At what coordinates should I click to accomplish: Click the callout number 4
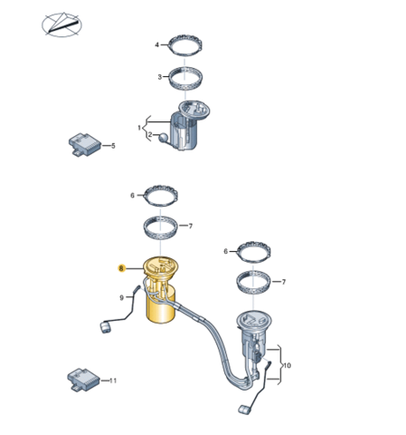pos(156,45)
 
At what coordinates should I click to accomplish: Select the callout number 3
pos(160,77)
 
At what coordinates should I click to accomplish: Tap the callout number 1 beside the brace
pos(139,128)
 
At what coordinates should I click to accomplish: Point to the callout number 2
pos(150,135)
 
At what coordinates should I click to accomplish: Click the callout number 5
pos(113,146)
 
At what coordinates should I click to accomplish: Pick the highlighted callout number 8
pos(121,268)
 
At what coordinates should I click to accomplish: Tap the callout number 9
pos(121,298)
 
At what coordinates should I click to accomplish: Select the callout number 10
pos(288,365)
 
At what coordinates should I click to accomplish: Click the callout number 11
pos(113,381)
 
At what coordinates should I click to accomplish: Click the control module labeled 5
pos(85,144)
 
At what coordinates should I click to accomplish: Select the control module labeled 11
pos(83,380)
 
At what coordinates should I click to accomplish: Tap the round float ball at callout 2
pos(164,138)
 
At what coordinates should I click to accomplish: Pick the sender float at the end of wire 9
pos(105,327)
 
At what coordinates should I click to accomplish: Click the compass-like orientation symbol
pos(61,24)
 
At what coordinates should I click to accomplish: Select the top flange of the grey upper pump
pos(194,109)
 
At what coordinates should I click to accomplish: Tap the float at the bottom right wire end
pos(244,410)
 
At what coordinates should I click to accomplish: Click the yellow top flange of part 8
pos(161,266)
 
